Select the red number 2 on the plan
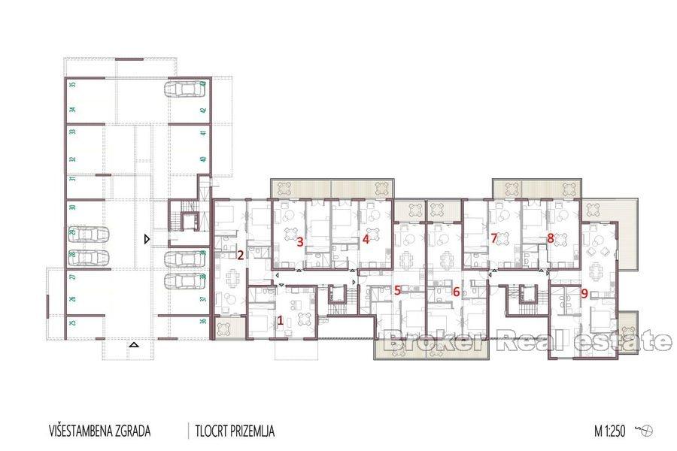240,255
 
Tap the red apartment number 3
299,241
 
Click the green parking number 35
72,85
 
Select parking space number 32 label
72,159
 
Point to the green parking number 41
203,133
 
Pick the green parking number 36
203,321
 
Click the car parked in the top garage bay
184,90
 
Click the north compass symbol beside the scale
645,431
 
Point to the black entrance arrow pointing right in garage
147,240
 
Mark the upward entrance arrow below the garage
134,345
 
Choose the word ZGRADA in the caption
132,431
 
